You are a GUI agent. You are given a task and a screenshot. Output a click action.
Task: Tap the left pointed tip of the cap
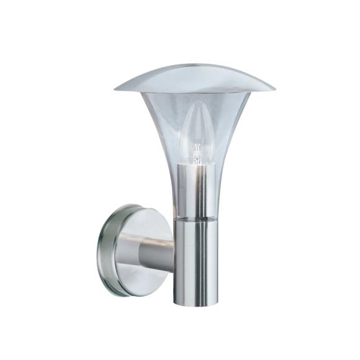click(116, 89)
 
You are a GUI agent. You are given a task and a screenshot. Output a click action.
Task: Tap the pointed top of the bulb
click(197, 102)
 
